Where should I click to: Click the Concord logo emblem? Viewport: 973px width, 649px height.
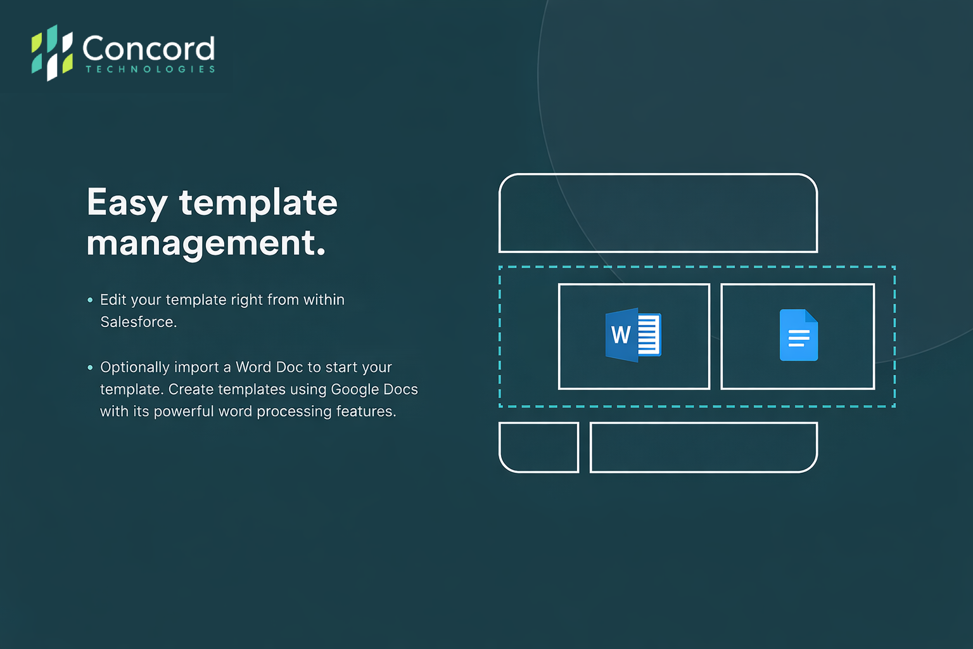pyautogui.click(x=52, y=53)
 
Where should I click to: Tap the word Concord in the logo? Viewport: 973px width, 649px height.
pyautogui.click(x=149, y=48)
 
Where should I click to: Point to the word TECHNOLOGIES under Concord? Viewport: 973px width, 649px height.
pyautogui.click(x=150, y=69)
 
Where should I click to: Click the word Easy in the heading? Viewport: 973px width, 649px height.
pyautogui.click(x=127, y=203)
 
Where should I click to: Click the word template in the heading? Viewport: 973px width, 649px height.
pyautogui.click(x=258, y=203)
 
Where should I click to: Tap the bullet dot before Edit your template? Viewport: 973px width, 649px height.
pyautogui.click(x=90, y=300)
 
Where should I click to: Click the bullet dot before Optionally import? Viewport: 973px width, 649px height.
pyautogui.click(x=90, y=368)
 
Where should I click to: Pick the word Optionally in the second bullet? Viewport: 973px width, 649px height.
pyautogui.click(x=135, y=368)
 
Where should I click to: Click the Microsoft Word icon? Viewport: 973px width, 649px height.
pyautogui.click(x=633, y=335)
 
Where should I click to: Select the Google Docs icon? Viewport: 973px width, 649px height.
pyautogui.click(x=799, y=335)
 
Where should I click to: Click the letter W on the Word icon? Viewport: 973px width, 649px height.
pyautogui.click(x=621, y=335)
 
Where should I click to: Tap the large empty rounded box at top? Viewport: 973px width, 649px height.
pyautogui.click(x=658, y=175)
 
